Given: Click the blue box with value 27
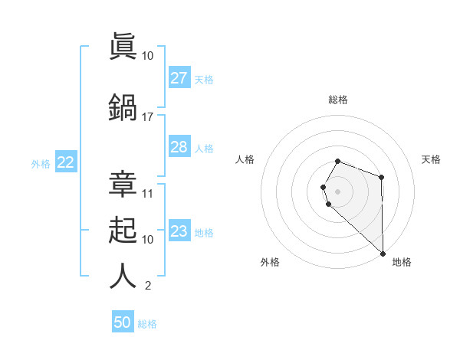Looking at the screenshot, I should tap(179, 78).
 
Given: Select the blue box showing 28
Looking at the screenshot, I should tap(179, 147).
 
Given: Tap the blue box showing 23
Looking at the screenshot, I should tap(179, 231).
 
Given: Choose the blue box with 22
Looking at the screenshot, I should tap(66, 162).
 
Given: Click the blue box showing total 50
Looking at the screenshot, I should tap(123, 322).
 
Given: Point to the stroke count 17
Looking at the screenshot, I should tap(148, 117).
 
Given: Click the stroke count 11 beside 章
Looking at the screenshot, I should tap(148, 194).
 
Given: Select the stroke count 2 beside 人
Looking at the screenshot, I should tap(147, 286).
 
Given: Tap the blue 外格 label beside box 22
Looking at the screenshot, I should tap(41, 163).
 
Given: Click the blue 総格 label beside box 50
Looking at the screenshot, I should tap(147, 324).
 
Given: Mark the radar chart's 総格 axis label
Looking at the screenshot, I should tap(337, 100).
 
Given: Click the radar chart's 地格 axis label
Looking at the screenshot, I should tap(402, 262).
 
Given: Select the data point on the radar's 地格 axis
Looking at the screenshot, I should tap(383, 253).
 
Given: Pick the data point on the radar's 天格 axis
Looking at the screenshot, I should tap(382, 178).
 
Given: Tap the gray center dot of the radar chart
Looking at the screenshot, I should tap(337, 191).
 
